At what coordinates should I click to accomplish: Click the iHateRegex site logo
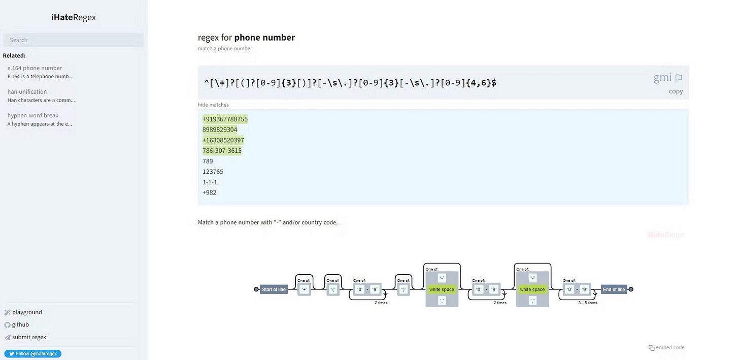tap(74, 17)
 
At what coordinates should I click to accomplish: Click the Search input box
tap(74, 40)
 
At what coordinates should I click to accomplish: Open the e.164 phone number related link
tap(35, 68)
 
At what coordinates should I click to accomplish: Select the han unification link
tap(27, 92)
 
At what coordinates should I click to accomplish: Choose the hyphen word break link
tap(32, 116)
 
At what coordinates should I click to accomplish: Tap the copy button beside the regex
tap(676, 91)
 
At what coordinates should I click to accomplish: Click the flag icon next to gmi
tap(679, 78)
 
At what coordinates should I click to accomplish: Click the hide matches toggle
tap(213, 105)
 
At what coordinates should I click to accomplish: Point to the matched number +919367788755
tap(225, 119)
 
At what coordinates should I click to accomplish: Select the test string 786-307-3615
tap(222, 151)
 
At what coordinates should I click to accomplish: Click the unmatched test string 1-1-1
tap(210, 182)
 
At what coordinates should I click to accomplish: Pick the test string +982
tap(210, 193)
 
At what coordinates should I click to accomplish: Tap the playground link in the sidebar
tap(27, 312)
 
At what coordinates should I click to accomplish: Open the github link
tap(20, 325)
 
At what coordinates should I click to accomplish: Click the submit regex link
tap(29, 337)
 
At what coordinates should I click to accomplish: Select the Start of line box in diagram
tap(274, 289)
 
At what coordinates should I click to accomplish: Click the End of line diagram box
tap(614, 289)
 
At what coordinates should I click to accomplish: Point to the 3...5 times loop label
tap(588, 303)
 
